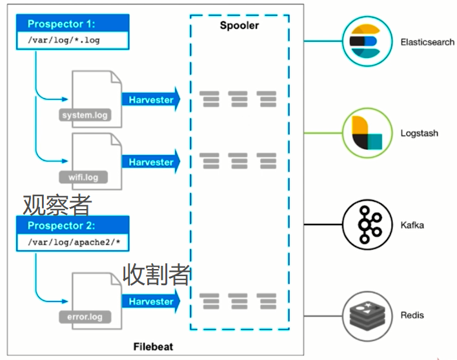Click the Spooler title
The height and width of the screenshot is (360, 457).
pyautogui.click(x=239, y=26)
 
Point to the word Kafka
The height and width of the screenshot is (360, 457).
pyautogui.click(x=411, y=225)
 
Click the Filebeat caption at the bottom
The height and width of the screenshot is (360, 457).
pyautogui.click(x=153, y=346)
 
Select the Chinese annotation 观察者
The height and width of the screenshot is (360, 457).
pyautogui.click(x=57, y=205)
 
